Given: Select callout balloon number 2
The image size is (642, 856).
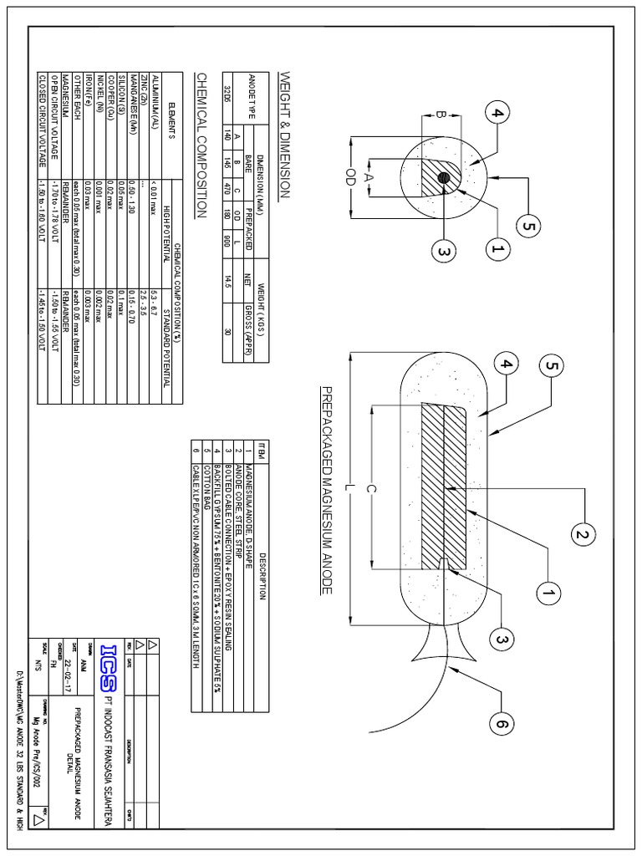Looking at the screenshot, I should pos(581,532).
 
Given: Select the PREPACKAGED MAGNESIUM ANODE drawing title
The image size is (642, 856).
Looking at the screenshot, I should pos(326,480).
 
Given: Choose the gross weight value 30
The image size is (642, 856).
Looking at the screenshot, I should pos(227,329).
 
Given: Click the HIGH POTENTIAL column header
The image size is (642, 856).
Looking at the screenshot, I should pos(166,237).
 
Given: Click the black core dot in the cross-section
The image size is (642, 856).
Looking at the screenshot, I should pos(444,178).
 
